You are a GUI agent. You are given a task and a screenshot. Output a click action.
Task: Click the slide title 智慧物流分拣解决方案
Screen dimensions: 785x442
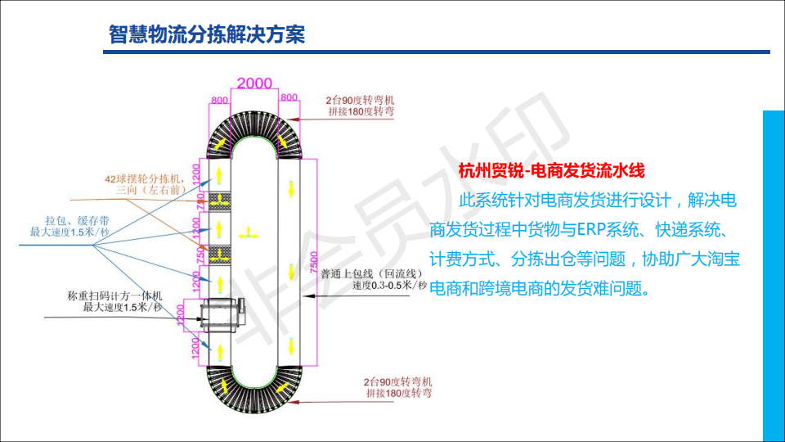tap(207, 34)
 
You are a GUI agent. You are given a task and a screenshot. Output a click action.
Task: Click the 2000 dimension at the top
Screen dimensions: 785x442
tap(254, 83)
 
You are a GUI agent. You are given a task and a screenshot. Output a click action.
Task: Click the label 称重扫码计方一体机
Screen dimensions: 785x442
tap(115, 296)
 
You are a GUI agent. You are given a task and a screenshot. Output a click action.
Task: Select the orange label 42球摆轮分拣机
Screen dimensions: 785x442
tap(146, 178)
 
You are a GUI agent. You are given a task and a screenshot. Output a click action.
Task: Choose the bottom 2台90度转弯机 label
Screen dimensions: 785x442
tap(398, 381)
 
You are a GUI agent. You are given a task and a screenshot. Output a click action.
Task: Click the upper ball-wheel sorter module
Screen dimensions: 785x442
tap(220, 201)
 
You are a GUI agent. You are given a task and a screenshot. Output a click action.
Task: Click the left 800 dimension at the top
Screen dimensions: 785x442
tap(219, 99)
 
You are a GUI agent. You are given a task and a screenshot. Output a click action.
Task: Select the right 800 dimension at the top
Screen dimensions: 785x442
tap(289, 97)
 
